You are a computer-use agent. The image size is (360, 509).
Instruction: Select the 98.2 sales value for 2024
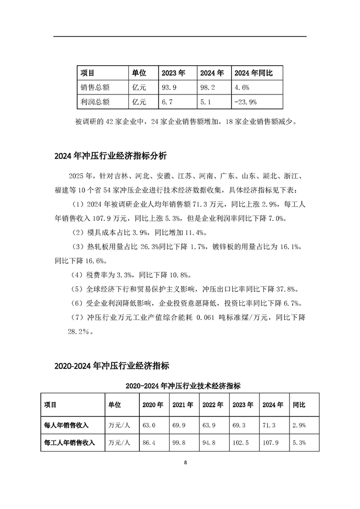coord(209,87)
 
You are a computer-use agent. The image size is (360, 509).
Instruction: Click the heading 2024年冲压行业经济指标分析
coord(111,156)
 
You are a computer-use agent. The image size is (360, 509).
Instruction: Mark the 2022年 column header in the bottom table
coord(213,405)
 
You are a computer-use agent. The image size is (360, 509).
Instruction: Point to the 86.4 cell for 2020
coord(149,443)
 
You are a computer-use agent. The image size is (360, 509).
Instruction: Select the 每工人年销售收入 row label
coord(69,443)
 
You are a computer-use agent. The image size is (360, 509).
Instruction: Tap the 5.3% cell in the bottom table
coord(299,443)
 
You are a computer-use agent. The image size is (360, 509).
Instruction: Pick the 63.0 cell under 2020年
coord(149,424)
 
